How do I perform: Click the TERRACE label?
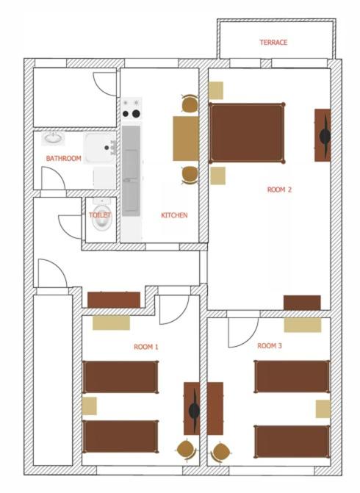(273, 43)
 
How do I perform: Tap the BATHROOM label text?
(63, 158)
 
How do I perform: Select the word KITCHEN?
(174, 215)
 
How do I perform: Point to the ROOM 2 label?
(279, 190)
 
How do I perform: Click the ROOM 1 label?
(146, 347)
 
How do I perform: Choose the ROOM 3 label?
(270, 346)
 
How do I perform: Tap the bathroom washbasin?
(54, 139)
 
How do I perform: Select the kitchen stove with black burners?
(132, 108)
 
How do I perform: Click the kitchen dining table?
(186, 139)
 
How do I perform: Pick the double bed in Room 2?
(247, 133)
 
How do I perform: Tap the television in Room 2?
(323, 135)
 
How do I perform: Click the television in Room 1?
(192, 409)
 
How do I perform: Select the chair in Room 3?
(220, 452)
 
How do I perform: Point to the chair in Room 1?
(187, 450)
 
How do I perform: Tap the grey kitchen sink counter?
(131, 170)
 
